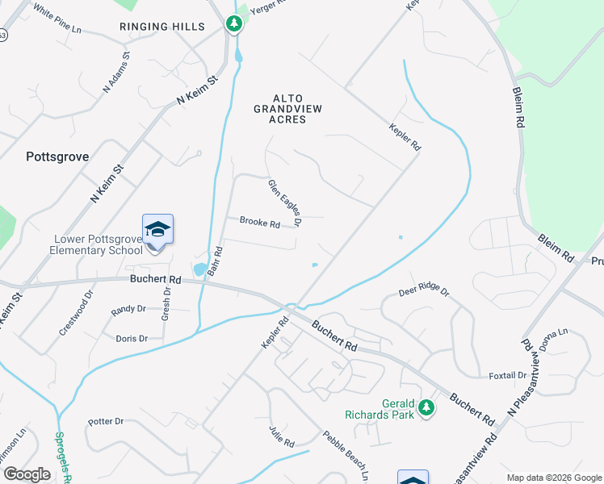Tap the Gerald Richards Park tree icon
pyautogui.click(x=426, y=410)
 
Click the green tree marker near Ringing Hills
pyautogui.click(x=234, y=23)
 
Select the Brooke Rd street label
pyautogui.click(x=259, y=223)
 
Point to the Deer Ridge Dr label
pyautogui.click(x=423, y=293)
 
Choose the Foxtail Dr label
pyautogui.click(x=508, y=376)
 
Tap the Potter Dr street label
pyautogui.click(x=106, y=421)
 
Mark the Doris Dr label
pyautogui.click(x=132, y=339)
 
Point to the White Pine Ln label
pyautogui.click(x=57, y=22)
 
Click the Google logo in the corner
pyautogui.click(x=27, y=474)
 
